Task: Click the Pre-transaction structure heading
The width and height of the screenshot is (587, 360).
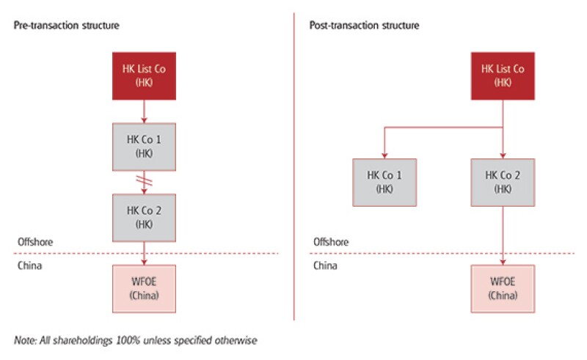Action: [x=66, y=26]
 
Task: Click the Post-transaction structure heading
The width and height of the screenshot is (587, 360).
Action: [x=365, y=26]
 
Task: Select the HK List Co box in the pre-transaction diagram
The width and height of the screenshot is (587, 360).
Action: [x=143, y=76]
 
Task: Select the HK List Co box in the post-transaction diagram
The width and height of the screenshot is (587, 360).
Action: [x=503, y=76]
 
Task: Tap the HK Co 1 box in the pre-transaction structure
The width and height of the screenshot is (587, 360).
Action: [x=143, y=147]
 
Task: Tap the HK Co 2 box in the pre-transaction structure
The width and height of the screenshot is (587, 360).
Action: [x=143, y=217]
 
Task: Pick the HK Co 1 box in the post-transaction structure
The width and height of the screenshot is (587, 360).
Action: [x=385, y=182]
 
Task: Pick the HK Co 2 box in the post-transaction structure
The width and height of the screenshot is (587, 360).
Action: [x=503, y=182]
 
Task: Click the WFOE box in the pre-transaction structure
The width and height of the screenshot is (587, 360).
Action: [x=143, y=288]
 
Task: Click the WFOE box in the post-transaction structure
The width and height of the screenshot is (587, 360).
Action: [x=503, y=288]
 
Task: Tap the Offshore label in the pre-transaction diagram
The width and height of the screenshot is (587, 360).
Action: [x=35, y=242]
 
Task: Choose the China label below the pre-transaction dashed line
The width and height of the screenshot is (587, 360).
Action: [x=29, y=265]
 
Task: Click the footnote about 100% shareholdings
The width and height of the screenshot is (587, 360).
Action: [x=136, y=340]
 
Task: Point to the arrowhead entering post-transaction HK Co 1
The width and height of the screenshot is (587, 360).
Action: [x=385, y=155]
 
